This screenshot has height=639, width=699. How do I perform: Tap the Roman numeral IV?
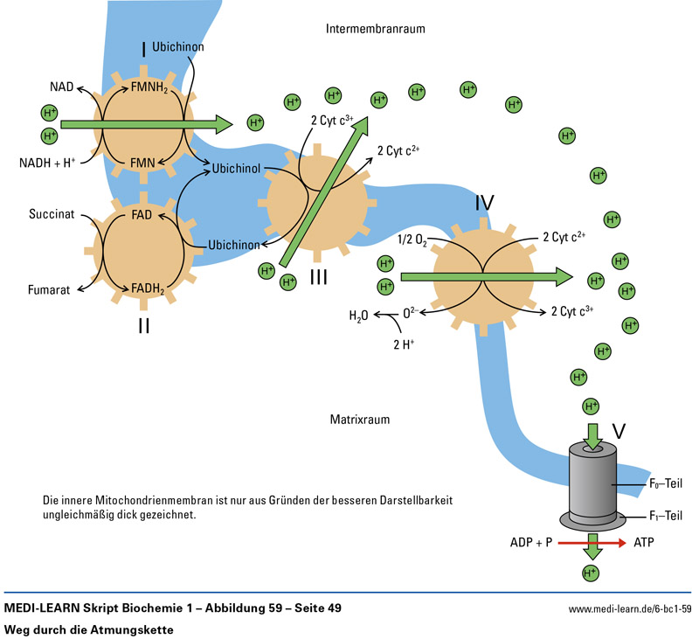coord(485,205)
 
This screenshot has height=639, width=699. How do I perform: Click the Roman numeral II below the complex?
coord(142,326)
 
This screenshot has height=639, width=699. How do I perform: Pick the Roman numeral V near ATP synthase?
coord(619,431)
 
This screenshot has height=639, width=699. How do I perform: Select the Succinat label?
coord(49,212)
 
